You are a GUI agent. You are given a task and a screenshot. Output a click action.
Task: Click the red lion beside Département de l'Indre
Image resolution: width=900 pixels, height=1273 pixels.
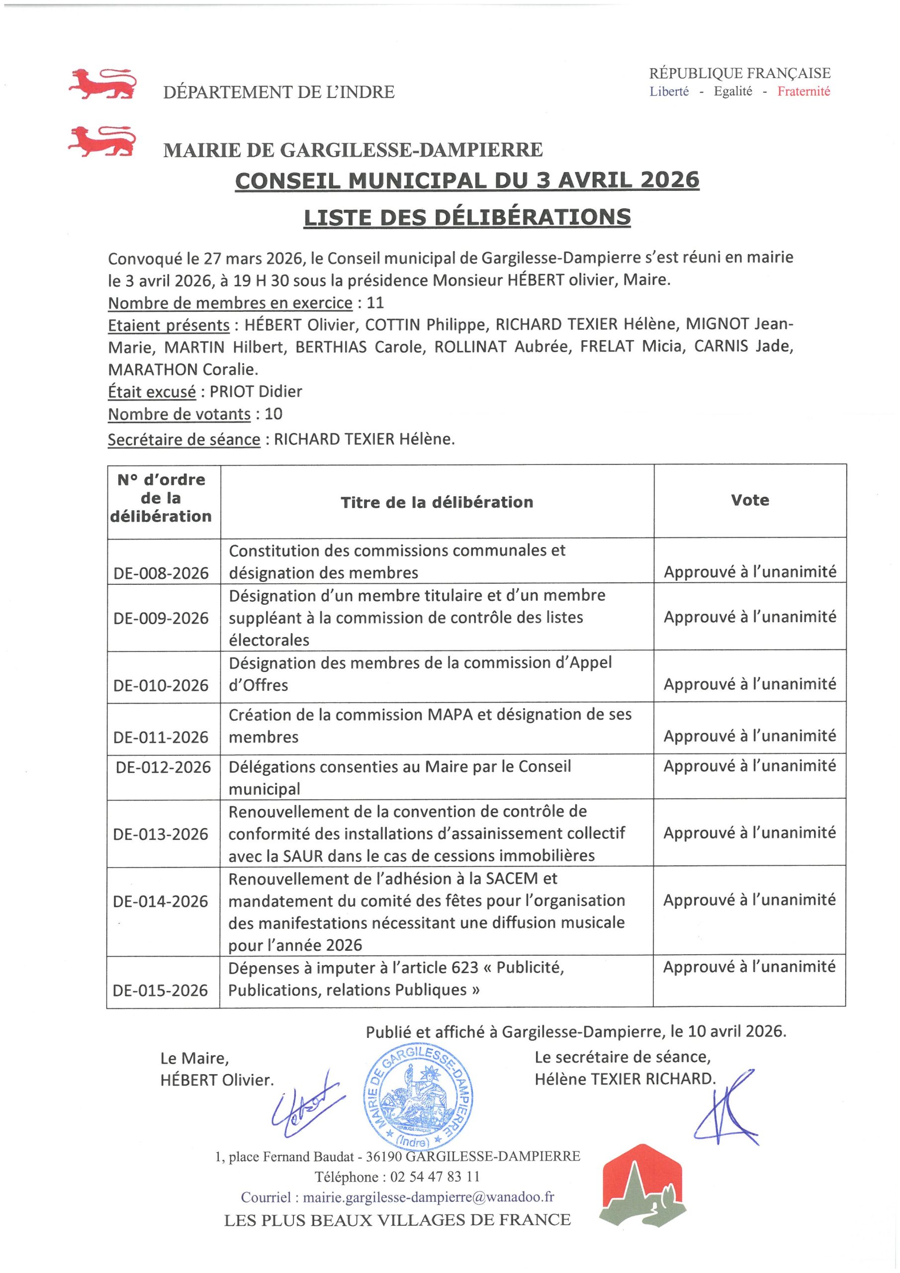tap(101, 84)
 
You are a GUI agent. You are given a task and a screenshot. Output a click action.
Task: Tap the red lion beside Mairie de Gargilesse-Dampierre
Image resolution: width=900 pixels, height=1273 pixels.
tap(101, 141)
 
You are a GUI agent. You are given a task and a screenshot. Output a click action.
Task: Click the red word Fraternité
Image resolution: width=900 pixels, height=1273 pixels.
tap(804, 91)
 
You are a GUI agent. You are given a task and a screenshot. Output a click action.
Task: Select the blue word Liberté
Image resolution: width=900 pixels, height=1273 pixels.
tap(669, 91)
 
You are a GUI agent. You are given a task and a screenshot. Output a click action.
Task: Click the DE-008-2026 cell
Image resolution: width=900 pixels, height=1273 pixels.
tap(161, 573)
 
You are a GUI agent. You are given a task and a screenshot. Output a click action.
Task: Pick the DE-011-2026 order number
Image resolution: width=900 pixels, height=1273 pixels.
tap(161, 737)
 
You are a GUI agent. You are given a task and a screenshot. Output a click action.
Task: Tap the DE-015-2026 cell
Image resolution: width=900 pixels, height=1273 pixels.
tap(160, 990)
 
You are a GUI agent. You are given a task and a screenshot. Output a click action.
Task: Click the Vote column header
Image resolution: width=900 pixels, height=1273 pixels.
tap(750, 500)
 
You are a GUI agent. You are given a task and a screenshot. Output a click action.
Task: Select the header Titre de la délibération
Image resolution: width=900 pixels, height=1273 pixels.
tap(437, 502)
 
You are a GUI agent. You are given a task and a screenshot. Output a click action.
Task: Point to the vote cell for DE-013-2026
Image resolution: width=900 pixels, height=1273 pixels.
tap(749, 832)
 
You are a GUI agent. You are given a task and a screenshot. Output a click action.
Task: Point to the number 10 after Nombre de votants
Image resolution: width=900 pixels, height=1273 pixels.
tap(273, 414)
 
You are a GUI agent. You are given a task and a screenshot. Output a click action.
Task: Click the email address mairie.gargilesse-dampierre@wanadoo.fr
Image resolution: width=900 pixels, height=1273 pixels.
tap(428, 1197)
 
